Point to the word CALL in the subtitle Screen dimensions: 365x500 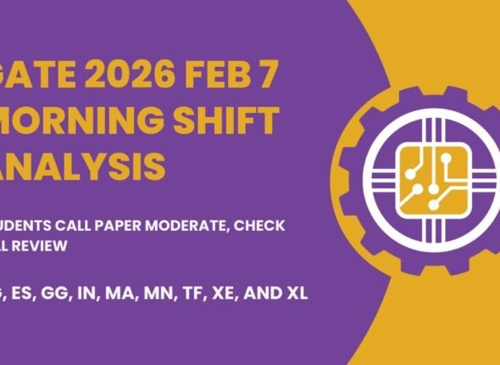pyautogui.click(x=88, y=225)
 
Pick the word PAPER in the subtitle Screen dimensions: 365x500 pyautogui.click(x=135, y=225)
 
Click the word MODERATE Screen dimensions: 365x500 pyautogui.click(x=202, y=225)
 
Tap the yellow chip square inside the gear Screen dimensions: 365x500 pyautogui.click(x=423, y=177)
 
